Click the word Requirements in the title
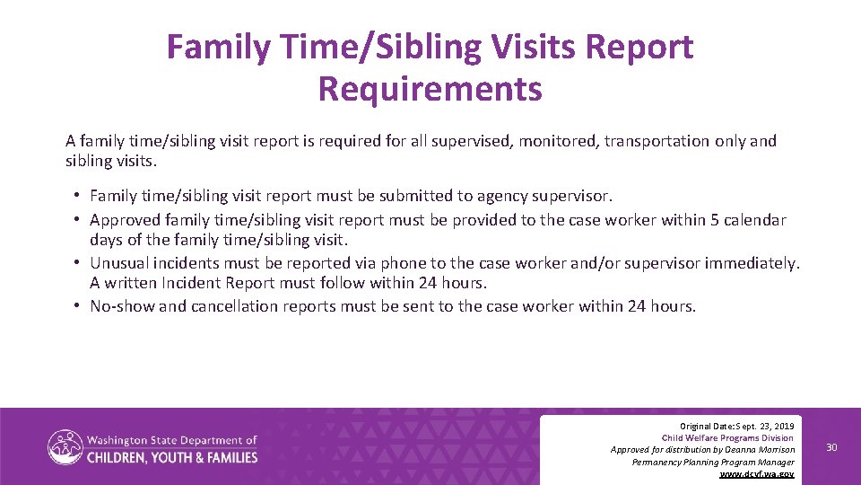click(x=430, y=89)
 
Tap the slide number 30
click(x=831, y=447)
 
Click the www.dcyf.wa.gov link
click(x=757, y=473)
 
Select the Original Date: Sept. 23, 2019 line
click(x=737, y=425)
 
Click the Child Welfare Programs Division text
click(x=727, y=437)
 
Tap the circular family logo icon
click(x=65, y=447)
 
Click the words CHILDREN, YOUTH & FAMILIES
click(x=171, y=457)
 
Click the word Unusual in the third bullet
click(x=120, y=263)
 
